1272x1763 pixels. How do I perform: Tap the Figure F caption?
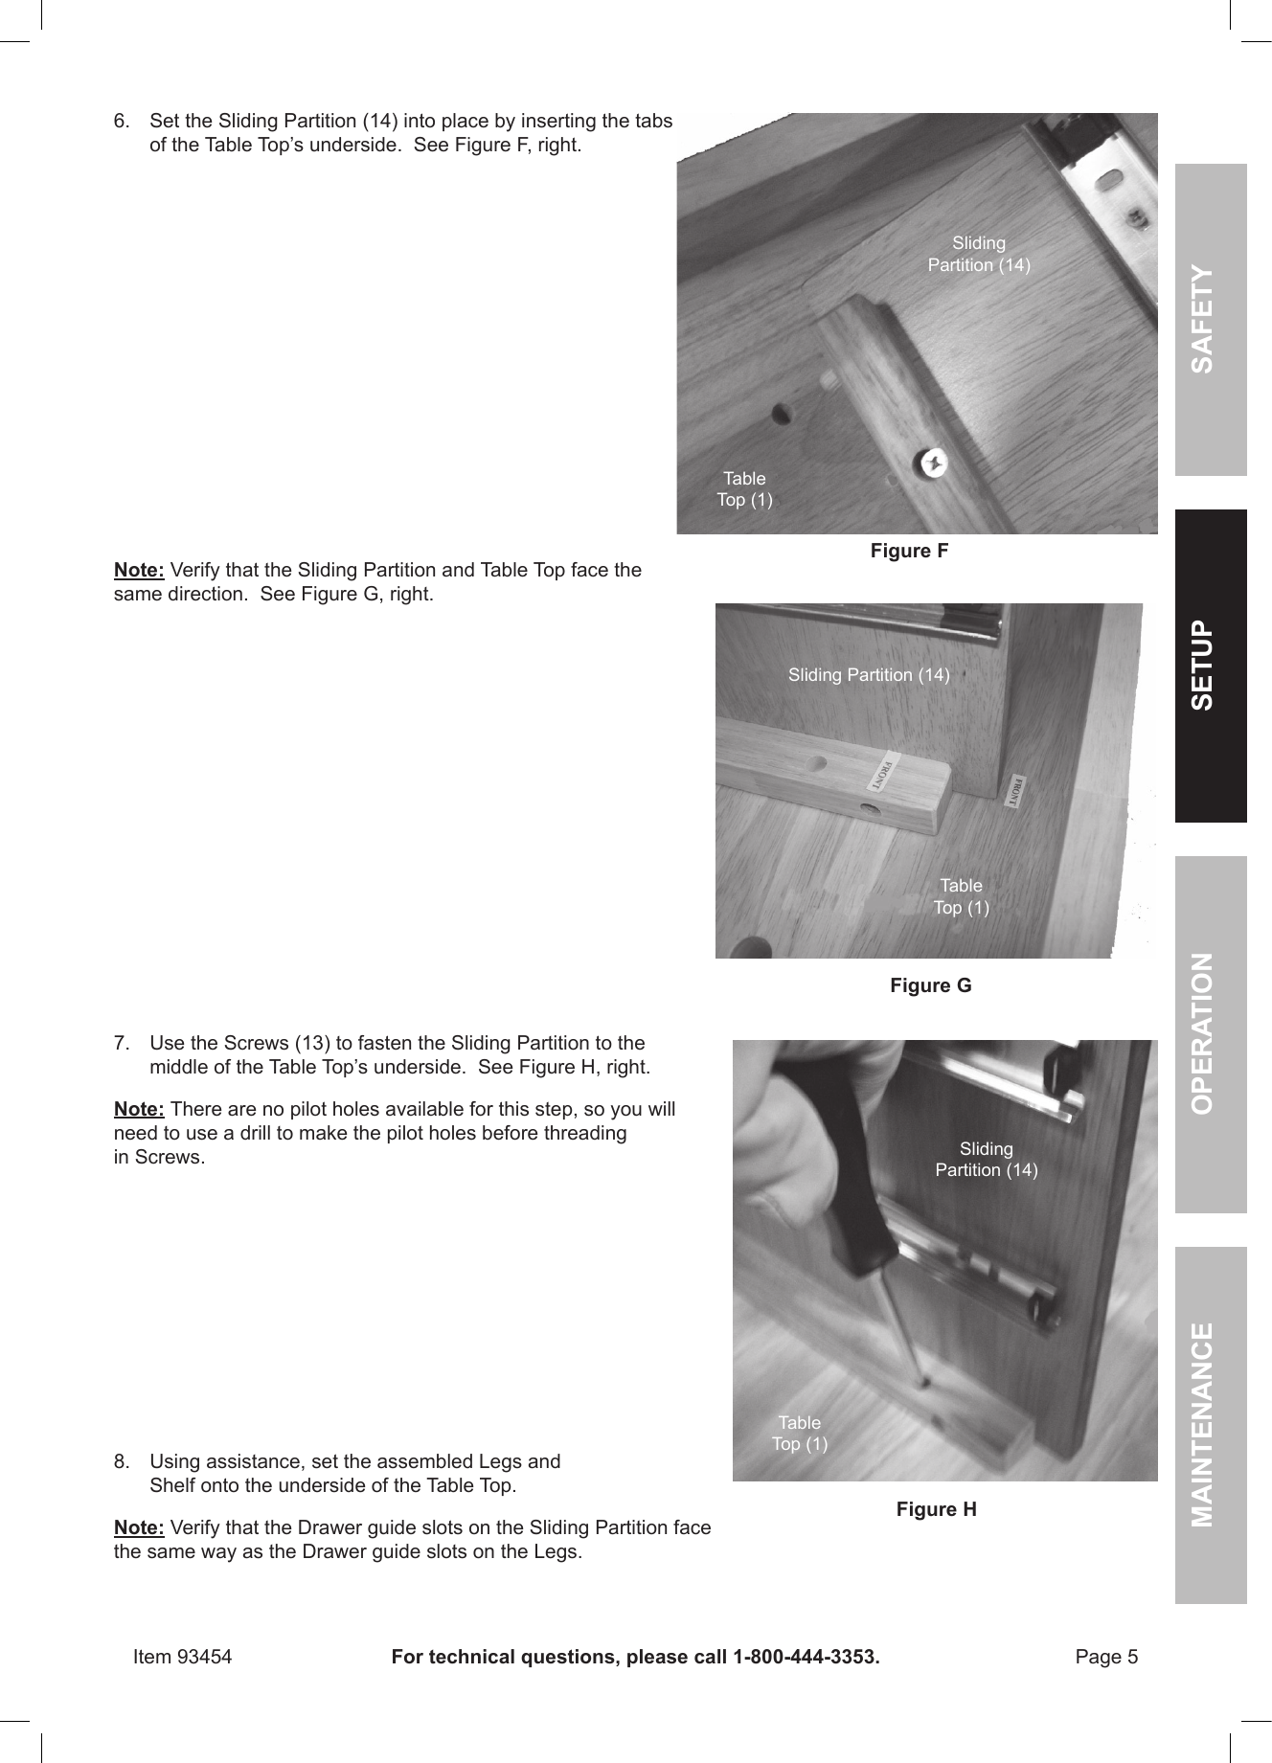909,551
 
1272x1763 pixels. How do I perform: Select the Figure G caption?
930,985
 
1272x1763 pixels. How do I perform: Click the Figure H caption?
936,1510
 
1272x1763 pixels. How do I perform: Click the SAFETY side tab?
1210,320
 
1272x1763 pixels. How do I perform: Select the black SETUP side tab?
1210,666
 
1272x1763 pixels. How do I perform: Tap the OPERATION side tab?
1210,1033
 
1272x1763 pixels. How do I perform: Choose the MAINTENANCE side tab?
1210,1424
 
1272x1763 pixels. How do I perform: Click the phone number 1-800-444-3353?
806,1657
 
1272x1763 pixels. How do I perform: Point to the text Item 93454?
182,1657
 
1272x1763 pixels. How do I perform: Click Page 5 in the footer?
1106,1657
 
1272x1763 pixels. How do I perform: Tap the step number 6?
122,122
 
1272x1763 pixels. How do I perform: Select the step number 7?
122,1043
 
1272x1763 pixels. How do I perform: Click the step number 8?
122,1462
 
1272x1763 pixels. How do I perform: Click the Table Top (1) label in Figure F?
744,488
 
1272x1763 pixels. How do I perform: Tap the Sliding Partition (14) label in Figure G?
869,675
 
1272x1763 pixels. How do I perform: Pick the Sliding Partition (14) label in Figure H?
986,1160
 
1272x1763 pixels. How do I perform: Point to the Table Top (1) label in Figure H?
800,1434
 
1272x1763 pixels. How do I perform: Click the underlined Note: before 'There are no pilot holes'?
139,1110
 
